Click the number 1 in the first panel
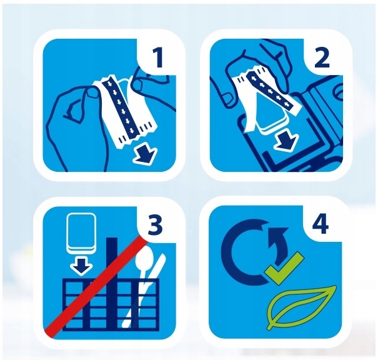(158, 58)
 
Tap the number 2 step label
(322, 58)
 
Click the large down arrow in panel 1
(146, 154)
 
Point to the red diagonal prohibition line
(96, 287)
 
